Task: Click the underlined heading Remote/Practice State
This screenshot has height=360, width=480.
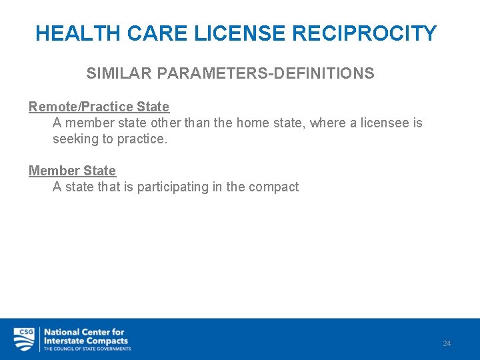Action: pyautogui.click(x=99, y=107)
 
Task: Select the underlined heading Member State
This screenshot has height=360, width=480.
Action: pyautogui.click(x=72, y=171)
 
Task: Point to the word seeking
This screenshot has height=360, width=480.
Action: pyautogui.click(x=75, y=139)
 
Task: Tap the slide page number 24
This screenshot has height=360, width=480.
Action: pyautogui.click(x=447, y=343)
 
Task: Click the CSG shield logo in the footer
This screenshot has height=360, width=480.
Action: pyautogui.click(x=24, y=339)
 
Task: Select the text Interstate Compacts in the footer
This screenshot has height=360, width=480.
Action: pyautogui.click(x=86, y=340)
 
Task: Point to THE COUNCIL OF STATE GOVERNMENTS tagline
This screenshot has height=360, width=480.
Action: pyautogui.click(x=87, y=349)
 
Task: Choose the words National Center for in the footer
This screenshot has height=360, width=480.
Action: pyautogui.click(x=84, y=331)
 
